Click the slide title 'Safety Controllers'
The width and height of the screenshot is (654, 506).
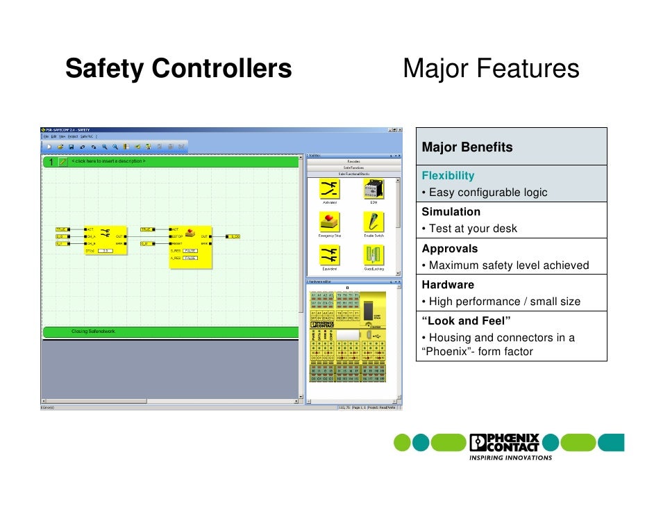(x=178, y=69)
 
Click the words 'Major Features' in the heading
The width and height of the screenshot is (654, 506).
(x=490, y=69)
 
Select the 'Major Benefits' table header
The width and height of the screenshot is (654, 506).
(x=467, y=147)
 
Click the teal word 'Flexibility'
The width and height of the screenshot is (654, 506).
(x=448, y=176)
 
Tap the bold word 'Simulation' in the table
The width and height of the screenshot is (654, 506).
(x=451, y=212)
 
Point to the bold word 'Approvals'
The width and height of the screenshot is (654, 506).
(x=449, y=248)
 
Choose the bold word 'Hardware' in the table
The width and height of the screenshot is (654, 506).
(x=448, y=284)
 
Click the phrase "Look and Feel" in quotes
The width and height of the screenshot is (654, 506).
(x=466, y=320)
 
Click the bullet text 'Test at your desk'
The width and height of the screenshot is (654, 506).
(x=472, y=229)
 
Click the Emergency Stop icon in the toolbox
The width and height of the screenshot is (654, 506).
(x=329, y=222)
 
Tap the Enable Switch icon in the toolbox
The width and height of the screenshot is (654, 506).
(x=373, y=222)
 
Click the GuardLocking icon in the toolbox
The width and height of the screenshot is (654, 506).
(x=373, y=255)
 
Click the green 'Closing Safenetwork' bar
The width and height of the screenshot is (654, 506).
(x=174, y=332)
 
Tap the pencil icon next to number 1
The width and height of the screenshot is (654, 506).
(x=62, y=161)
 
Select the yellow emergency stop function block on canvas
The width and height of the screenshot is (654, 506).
(x=191, y=245)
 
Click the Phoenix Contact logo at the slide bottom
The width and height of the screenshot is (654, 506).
(x=505, y=443)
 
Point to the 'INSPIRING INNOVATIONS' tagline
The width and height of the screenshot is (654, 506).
(x=510, y=458)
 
